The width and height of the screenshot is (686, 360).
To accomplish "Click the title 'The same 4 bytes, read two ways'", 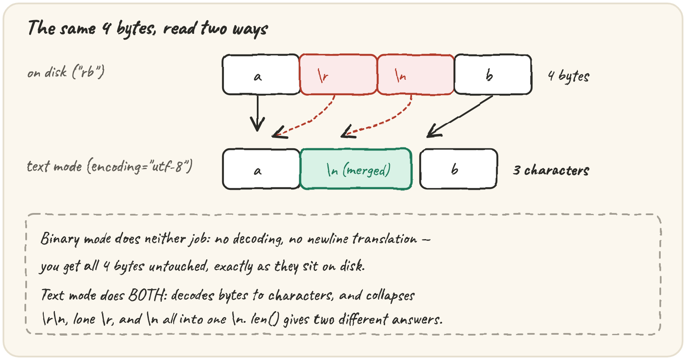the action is [x=148, y=28].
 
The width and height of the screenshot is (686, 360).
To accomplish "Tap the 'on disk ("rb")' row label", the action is [x=66, y=72].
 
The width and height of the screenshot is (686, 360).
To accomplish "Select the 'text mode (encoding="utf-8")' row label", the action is [x=110, y=167].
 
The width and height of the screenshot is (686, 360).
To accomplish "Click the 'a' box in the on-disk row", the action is [x=261, y=75].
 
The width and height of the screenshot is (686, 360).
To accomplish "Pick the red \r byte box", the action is [x=338, y=75].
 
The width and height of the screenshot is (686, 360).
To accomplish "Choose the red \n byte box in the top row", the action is [x=415, y=75].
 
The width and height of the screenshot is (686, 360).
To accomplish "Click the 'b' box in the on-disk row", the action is [x=493, y=75].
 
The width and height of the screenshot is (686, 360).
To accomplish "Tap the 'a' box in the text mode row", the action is [x=261, y=169].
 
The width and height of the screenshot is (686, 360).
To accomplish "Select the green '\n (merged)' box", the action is [x=356, y=169].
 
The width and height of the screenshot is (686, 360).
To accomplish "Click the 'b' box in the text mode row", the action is [x=458, y=169].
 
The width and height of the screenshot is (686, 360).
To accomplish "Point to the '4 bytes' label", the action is [x=569, y=76].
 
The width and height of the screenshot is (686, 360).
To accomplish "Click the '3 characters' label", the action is [x=551, y=170].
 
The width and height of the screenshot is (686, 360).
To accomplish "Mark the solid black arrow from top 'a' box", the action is [x=258, y=113].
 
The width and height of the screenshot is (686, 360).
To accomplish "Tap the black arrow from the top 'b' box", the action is [x=459, y=117].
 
